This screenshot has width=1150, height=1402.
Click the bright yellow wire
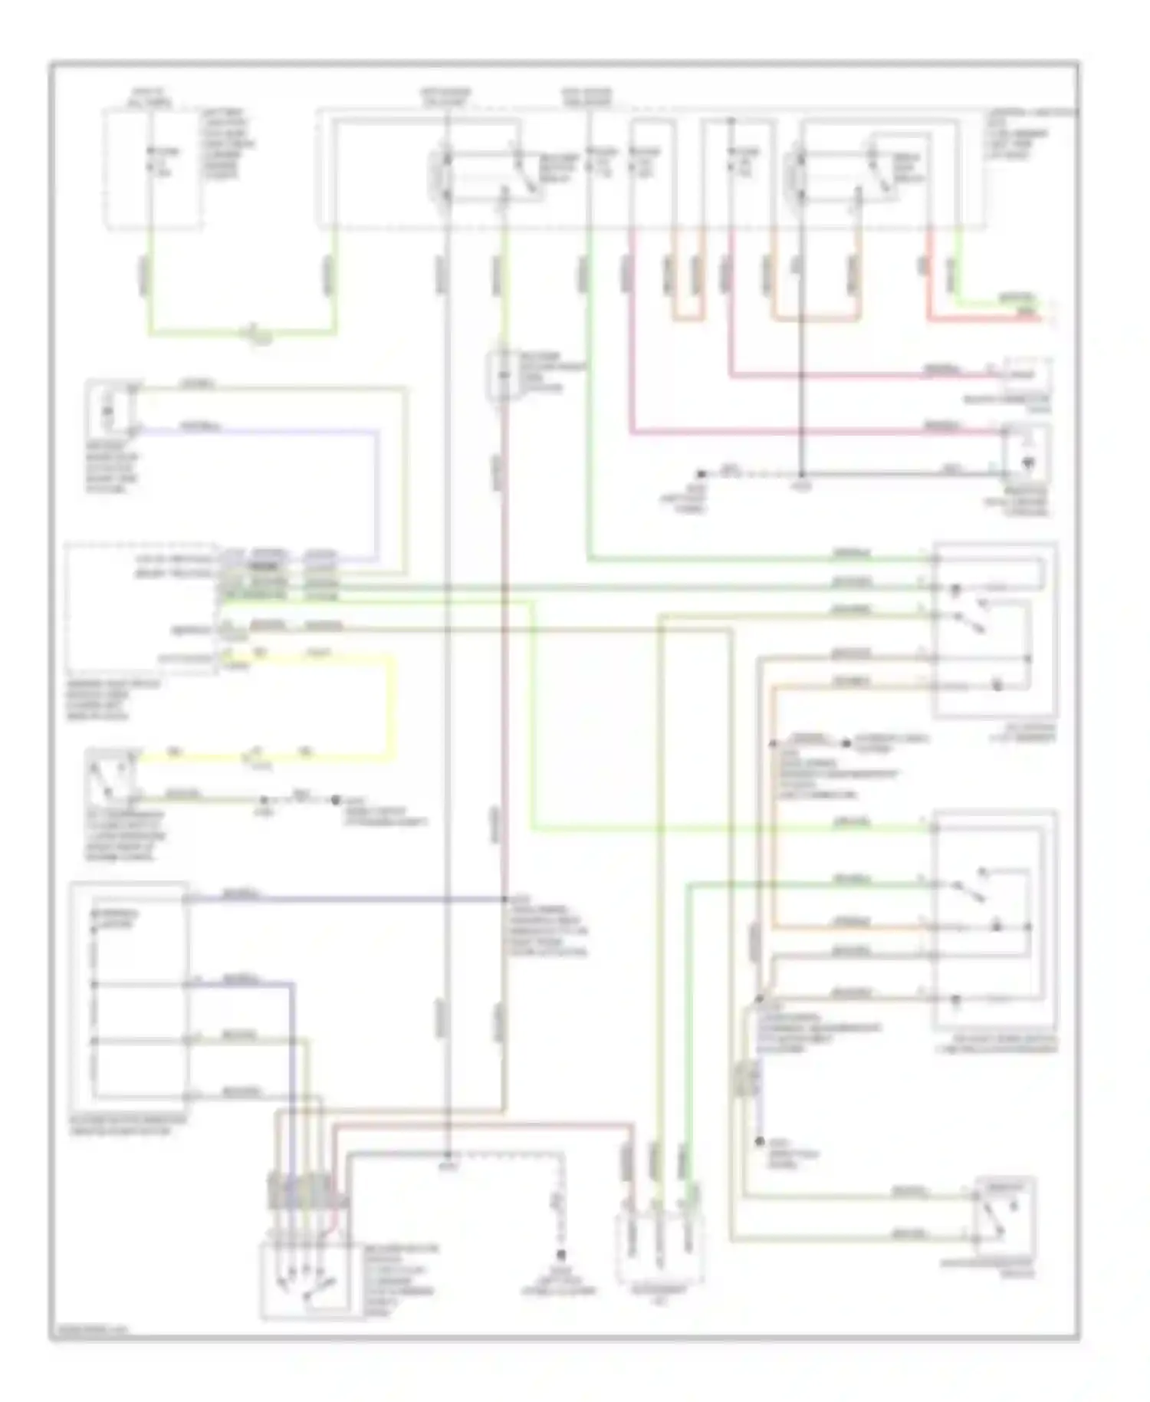394,706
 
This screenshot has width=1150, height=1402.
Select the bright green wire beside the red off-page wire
997,306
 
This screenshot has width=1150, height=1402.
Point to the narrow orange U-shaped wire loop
687,316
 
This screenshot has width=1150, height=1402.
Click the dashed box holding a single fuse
153,169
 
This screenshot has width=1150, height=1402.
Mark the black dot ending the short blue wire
760,1142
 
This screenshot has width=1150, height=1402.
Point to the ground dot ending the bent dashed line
561,1256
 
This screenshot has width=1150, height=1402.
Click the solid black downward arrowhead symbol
1029,463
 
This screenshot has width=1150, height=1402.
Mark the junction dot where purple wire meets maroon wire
504,898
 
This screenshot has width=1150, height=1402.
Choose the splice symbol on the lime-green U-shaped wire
253,333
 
